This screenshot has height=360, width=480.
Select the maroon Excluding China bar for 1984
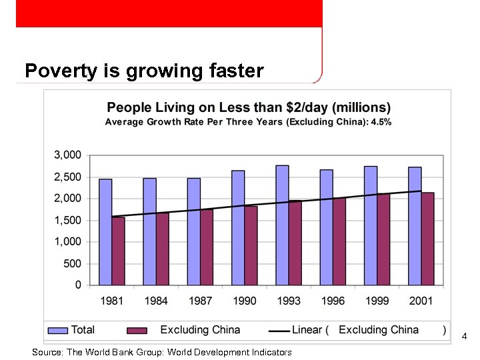click(163, 249)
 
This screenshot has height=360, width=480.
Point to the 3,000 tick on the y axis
click(67, 155)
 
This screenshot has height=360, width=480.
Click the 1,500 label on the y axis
click(67, 220)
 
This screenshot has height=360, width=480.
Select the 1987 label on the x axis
click(200, 301)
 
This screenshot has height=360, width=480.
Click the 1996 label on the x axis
click(333, 301)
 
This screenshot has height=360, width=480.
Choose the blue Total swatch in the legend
click(59, 330)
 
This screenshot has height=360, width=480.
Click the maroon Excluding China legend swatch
click(137, 330)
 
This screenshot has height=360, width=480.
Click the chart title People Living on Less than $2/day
click(249, 107)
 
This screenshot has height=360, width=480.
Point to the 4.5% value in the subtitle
click(381, 122)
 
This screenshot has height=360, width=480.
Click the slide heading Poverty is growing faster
click(144, 71)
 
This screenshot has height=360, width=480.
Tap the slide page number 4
click(465, 337)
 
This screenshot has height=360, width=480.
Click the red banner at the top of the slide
click(169, 13)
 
